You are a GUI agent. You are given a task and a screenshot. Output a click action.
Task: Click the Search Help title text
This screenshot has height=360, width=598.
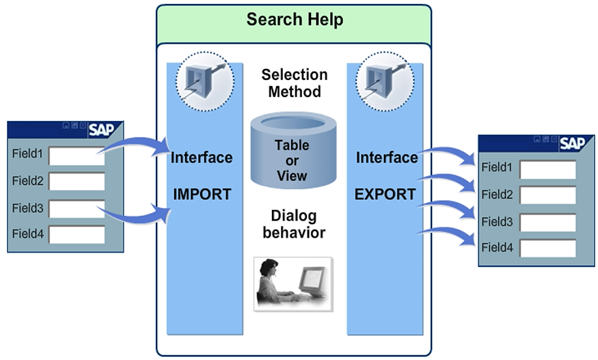point(295,19)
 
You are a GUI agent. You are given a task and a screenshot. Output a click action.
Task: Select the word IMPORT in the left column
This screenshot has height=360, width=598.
point(202,194)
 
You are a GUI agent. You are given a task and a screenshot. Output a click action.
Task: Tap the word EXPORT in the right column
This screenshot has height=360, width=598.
point(385,194)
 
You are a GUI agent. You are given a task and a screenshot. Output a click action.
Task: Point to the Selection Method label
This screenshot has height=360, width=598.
point(295,83)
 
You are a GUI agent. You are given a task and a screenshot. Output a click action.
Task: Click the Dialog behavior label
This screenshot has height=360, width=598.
point(294,224)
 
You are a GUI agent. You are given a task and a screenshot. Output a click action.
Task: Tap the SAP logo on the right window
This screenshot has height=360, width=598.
point(573,143)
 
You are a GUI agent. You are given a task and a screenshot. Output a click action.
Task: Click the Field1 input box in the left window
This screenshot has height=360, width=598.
point(76,156)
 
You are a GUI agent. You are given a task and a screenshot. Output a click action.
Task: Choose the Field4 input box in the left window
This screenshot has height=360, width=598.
point(76,234)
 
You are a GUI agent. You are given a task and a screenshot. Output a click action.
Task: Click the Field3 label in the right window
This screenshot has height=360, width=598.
point(496,222)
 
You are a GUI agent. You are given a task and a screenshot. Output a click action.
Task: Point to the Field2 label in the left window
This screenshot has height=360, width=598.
point(27,181)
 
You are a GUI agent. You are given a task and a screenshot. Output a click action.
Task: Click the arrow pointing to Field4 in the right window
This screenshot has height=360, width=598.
point(448,234)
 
